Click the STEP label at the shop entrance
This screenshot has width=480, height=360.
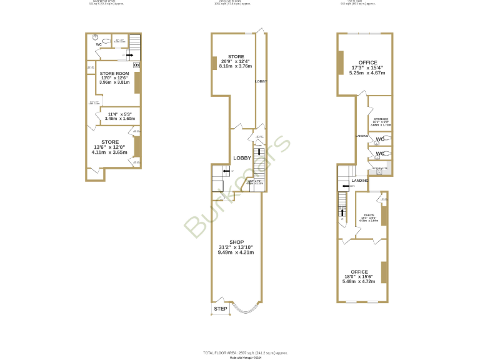(221, 309)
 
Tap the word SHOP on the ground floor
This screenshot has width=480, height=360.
(236, 242)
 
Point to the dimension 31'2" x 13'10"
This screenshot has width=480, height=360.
(236, 247)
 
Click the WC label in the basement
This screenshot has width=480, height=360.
(99, 45)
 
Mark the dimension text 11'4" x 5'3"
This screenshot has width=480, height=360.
(118, 113)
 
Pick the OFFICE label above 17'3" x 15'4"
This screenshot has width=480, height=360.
(367, 62)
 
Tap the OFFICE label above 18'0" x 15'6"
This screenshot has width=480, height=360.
(359, 272)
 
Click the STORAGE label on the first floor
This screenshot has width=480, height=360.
(381, 119)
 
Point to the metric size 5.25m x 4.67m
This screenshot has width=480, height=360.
(367, 72)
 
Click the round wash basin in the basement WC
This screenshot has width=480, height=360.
(95, 36)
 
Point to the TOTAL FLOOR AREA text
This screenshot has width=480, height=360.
(240, 352)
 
